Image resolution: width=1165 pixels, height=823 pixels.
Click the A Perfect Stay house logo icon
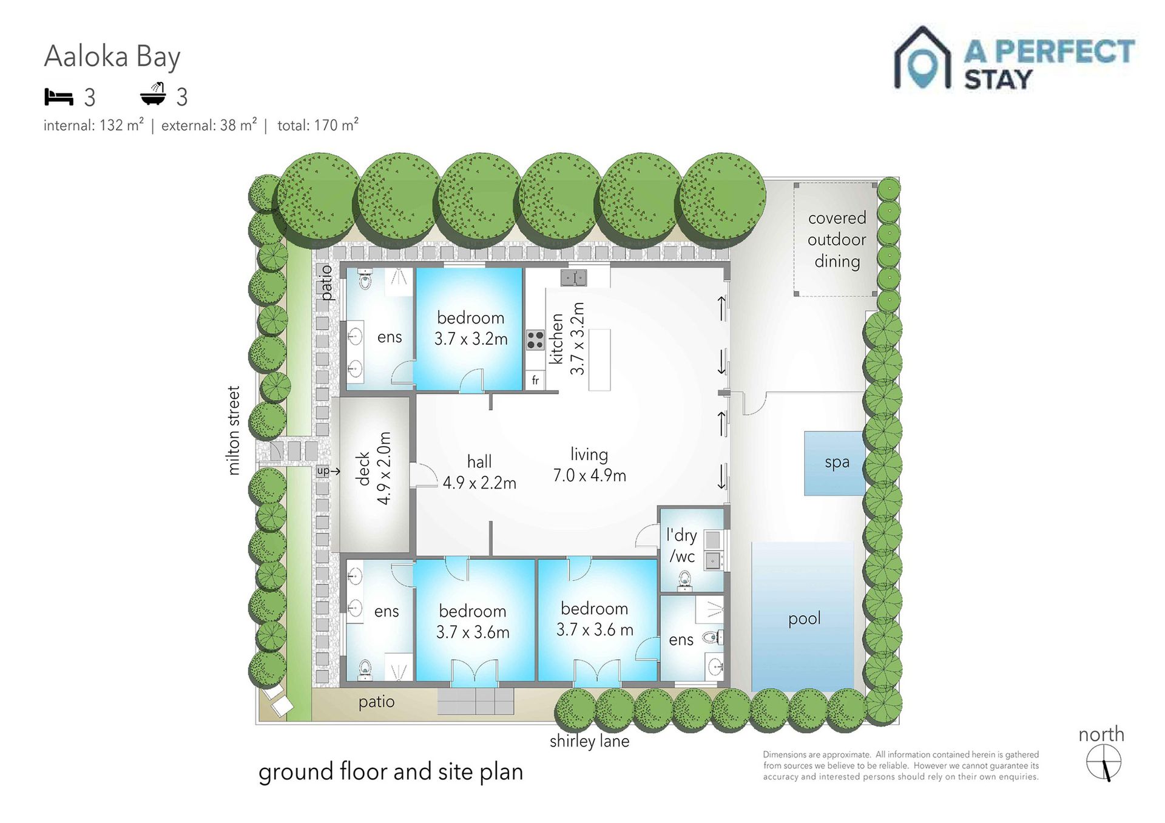[x=922, y=58]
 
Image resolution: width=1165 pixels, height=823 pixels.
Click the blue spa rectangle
[x=835, y=463]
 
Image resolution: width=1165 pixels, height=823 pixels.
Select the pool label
[x=804, y=619]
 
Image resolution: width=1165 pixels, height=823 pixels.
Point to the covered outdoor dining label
[x=837, y=240]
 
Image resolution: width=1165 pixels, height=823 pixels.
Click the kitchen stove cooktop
[x=535, y=340]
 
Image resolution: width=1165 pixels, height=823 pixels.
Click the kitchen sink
[x=573, y=278]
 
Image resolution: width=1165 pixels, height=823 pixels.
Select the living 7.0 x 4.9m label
[x=589, y=465]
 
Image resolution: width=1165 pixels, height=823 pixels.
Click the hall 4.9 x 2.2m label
[x=479, y=472]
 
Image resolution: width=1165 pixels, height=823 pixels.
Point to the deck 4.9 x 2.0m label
[x=374, y=468]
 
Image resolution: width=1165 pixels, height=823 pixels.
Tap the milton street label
[x=234, y=430]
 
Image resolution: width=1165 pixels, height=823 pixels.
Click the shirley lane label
[x=589, y=741]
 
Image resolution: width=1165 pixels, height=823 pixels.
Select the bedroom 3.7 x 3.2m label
[x=471, y=328]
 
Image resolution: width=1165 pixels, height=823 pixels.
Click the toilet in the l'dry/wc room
[x=685, y=580]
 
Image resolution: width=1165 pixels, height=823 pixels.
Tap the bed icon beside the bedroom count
[x=59, y=97]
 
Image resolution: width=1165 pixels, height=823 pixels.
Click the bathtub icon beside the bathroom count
[x=153, y=94]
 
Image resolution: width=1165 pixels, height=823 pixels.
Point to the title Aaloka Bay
[x=112, y=57]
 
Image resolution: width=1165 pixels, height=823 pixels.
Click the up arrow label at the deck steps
[x=328, y=471]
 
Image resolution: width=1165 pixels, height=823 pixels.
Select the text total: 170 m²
[x=318, y=125]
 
